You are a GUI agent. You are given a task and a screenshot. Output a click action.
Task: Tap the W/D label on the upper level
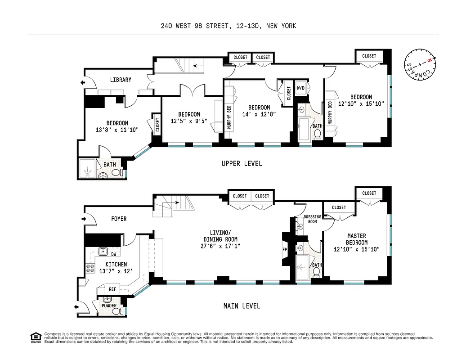click(300, 88)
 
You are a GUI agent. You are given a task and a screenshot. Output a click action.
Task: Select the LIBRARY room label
click(121, 80)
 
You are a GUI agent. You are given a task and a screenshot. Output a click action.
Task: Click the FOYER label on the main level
click(119, 219)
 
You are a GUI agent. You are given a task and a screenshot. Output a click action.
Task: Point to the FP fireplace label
click(284, 248)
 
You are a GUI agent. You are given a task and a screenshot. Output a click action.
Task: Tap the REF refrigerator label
click(112, 290)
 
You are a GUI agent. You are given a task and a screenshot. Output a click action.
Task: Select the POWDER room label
click(109, 306)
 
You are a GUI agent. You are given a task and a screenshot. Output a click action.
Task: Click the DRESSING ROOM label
click(313, 219)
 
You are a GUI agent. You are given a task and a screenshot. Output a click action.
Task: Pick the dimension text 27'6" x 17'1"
click(220, 246)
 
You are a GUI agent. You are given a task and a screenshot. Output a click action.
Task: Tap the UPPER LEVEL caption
click(242, 163)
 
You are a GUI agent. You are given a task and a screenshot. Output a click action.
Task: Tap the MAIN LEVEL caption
click(242, 306)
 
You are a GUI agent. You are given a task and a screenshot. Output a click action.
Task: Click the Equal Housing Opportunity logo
click(35, 337)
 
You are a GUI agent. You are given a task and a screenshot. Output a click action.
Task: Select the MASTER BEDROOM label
click(356, 239)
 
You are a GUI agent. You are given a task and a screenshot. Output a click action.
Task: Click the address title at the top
click(229, 26)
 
